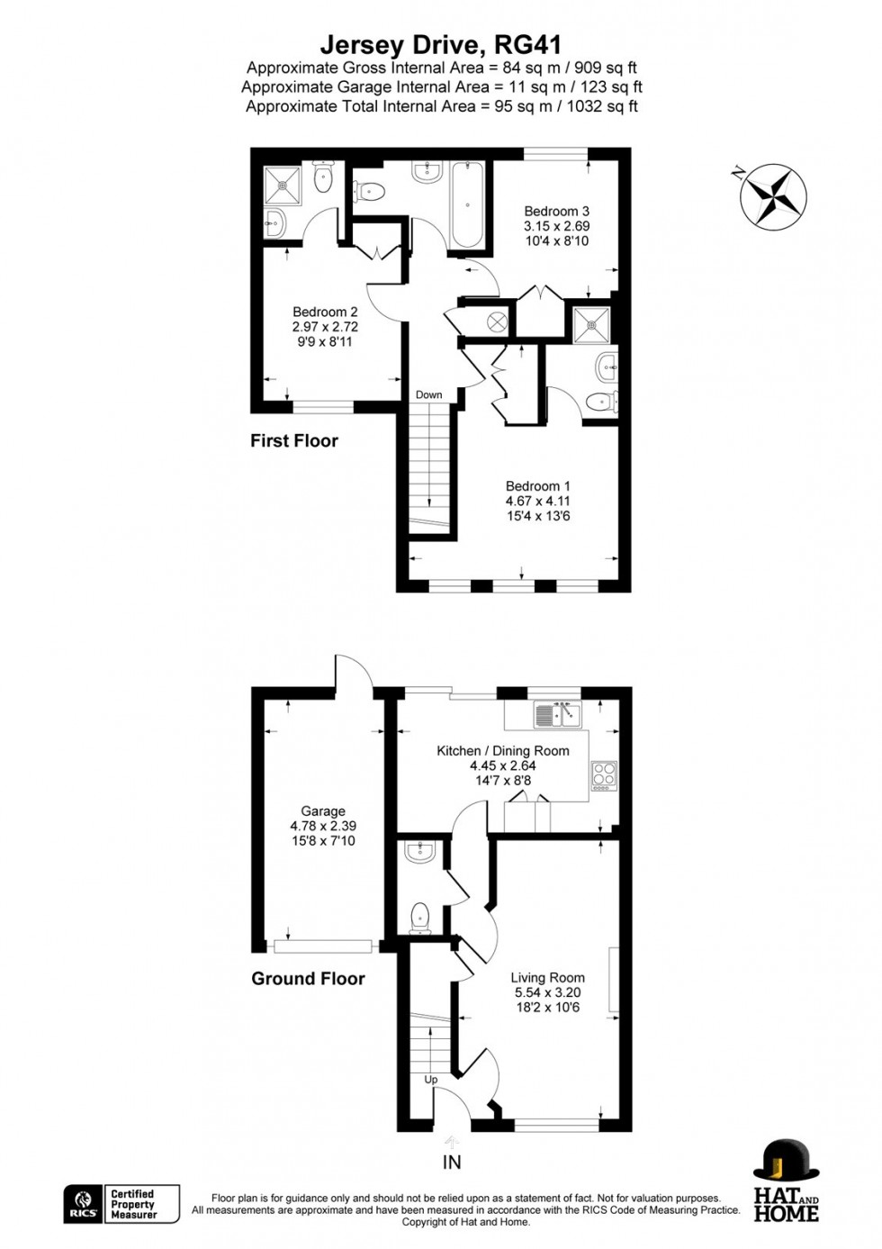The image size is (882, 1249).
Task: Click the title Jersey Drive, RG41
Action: pyautogui.click(x=441, y=44)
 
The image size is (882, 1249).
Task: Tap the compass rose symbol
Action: pyautogui.click(x=773, y=194)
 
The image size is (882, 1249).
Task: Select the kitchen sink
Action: pyautogui.click(x=557, y=716)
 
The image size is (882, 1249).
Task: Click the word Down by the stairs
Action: pyautogui.click(x=429, y=395)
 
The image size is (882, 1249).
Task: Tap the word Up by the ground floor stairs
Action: pyautogui.click(x=431, y=1080)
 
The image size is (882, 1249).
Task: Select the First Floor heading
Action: pyautogui.click(x=294, y=441)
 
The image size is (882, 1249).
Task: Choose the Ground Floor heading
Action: pyautogui.click(x=308, y=979)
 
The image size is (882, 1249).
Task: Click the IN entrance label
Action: pyautogui.click(x=452, y=1163)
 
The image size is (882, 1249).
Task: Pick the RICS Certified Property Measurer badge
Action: pyautogui.click(x=121, y=1204)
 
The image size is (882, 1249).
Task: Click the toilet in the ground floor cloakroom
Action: pyautogui.click(x=420, y=918)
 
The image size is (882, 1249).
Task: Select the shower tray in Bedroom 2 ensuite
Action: pyautogui.click(x=285, y=186)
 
